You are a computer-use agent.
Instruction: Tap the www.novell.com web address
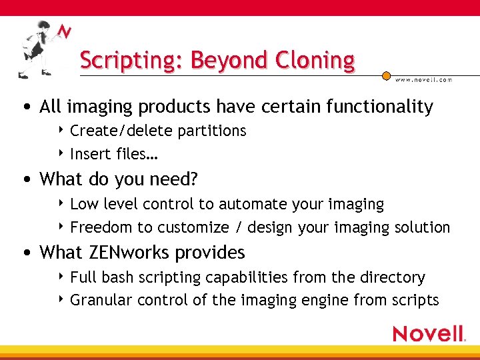pos(424,79)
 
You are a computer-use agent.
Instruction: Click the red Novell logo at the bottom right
pos(428,333)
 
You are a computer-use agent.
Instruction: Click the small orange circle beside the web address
pos(387,77)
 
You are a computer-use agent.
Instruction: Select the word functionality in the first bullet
pos(379,107)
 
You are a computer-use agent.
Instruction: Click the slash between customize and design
pos(238,227)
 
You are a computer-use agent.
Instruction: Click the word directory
pos(392,277)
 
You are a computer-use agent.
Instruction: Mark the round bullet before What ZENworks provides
pos(25,253)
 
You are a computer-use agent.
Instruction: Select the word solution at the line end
pos(420,227)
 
